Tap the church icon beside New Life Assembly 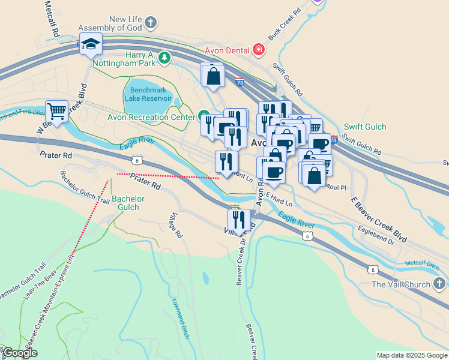[151, 23]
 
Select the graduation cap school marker [91, 43]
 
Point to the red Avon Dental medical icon [258, 49]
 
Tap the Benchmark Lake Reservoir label [148, 94]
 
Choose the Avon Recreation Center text [151, 117]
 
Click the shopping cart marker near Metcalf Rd [56, 111]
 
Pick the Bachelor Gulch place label [128, 203]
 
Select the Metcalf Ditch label [423, 264]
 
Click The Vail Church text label [401, 284]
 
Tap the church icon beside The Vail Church [439, 284]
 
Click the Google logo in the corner [19, 353]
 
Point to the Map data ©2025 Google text [411, 355]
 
